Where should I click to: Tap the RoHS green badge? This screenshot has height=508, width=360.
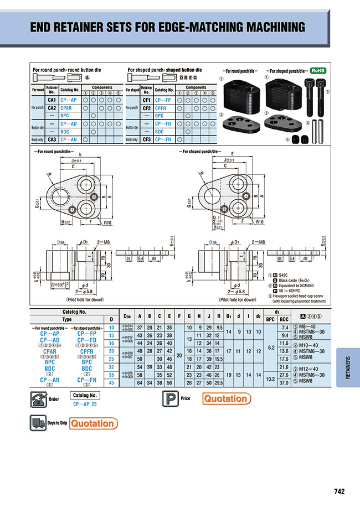pyautogui.click(x=317, y=71)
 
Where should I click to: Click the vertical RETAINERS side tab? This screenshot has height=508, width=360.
pyautogui.click(x=347, y=366)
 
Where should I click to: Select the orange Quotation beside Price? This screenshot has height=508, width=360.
pyautogui.click(x=225, y=398)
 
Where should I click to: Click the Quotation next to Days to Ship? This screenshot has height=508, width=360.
pyautogui.click(x=93, y=424)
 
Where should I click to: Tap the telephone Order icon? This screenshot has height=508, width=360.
pyautogui.click(x=38, y=398)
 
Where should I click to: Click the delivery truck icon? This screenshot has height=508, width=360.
pyautogui.click(x=37, y=423)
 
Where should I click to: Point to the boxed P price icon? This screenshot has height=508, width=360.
pyautogui.click(x=169, y=398)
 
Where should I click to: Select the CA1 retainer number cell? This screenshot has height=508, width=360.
pyautogui.click(x=53, y=100)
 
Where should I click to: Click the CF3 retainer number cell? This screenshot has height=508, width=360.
pyautogui.click(x=147, y=139)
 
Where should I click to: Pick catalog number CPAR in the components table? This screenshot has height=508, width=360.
pyautogui.click(x=66, y=108)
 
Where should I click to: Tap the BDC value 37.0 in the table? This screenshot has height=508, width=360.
pyautogui.click(x=285, y=382)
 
